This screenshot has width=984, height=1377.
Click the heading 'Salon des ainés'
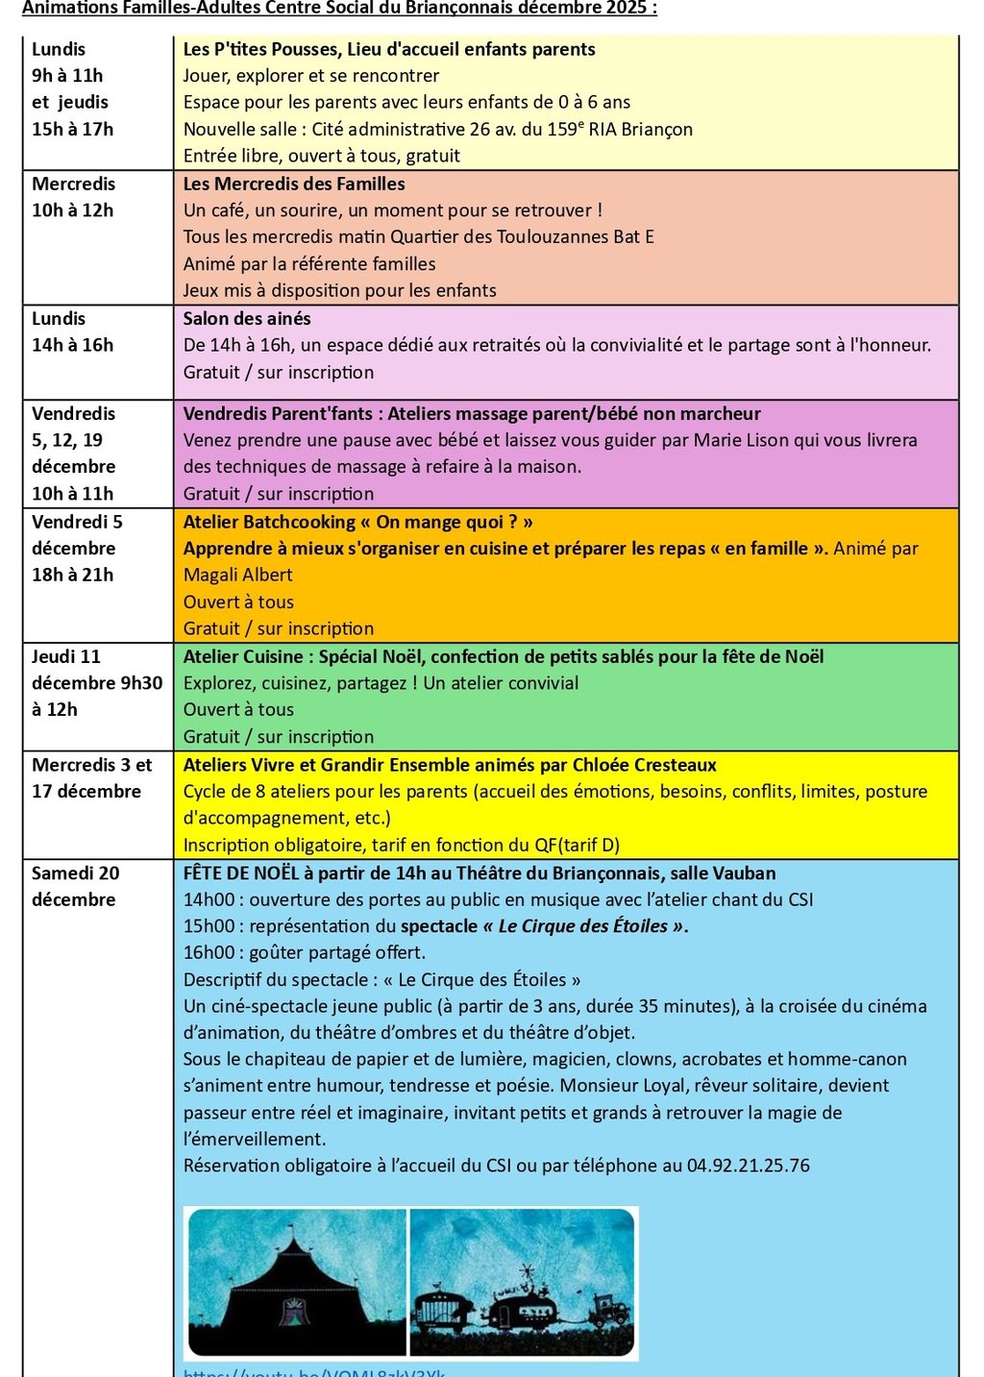pyautogui.click(x=247, y=318)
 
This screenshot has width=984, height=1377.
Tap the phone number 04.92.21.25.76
pyautogui.click(x=748, y=1166)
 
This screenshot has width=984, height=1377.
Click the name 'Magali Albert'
pyautogui.click(x=237, y=575)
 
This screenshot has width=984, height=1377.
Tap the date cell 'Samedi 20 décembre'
pyautogui.click(x=76, y=886)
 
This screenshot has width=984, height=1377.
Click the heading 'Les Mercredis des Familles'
pyautogui.click(x=294, y=184)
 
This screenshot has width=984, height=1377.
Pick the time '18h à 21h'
pyautogui.click(x=72, y=575)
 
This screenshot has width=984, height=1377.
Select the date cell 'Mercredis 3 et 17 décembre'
pyautogui.click(x=91, y=778)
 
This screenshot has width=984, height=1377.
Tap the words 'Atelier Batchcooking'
pyautogui.click(x=269, y=522)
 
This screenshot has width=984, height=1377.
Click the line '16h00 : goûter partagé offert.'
pyautogui.click(x=304, y=952)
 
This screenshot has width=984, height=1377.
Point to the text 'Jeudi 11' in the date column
pyautogui.click(x=65, y=656)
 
